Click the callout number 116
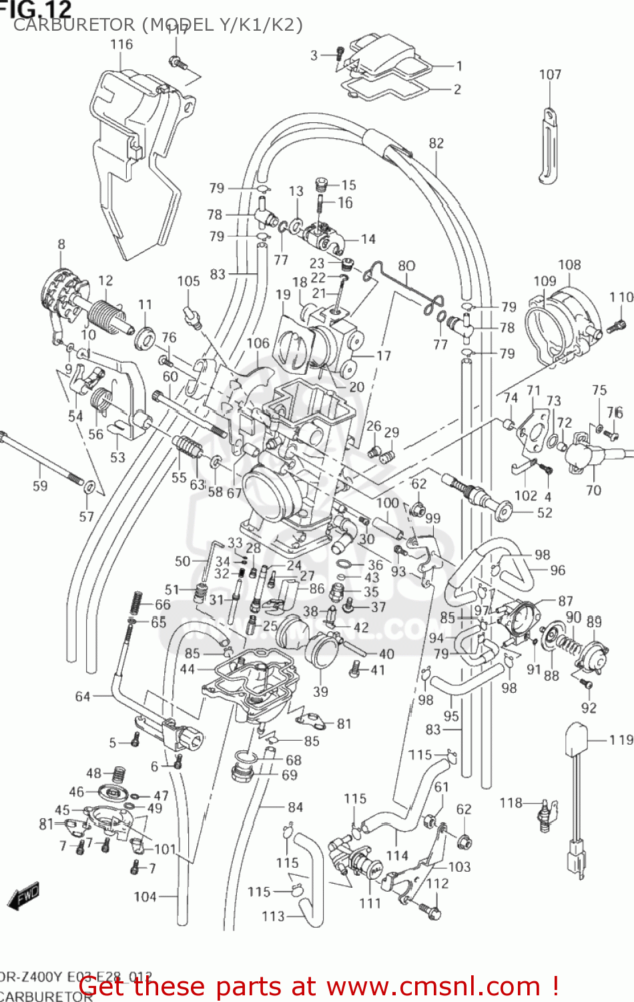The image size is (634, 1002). click(x=121, y=45)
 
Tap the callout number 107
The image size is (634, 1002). click(x=550, y=75)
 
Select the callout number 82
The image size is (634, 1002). click(x=436, y=143)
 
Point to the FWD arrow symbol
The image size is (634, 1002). click(x=24, y=896)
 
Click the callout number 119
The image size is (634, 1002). click(x=621, y=739)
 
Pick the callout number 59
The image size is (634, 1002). click(x=40, y=486)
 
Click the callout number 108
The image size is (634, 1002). click(x=569, y=265)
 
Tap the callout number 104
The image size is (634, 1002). click(x=145, y=896)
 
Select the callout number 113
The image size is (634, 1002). click(x=273, y=916)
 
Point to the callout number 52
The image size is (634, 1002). click(x=545, y=512)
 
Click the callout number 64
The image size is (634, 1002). click(x=82, y=697)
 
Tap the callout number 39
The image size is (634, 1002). click(x=320, y=691)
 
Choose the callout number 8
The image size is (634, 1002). click(x=61, y=244)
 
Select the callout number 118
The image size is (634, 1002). click(x=511, y=802)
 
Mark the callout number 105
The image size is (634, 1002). click(x=188, y=281)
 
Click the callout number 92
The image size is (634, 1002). click(x=589, y=707)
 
